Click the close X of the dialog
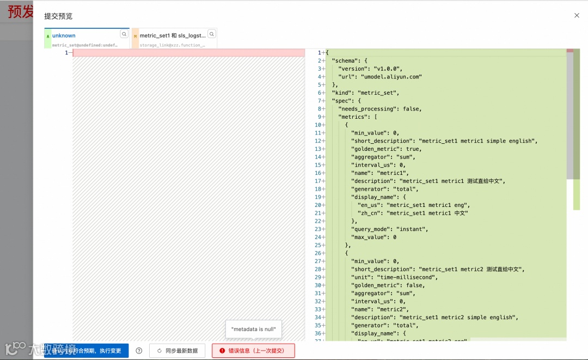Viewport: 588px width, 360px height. [577, 16]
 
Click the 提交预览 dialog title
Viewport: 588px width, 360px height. [58, 16]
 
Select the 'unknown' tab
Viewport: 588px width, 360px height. [64, 35]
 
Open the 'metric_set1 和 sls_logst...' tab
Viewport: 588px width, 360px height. [173, 35]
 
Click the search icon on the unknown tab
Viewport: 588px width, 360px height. [124, 34]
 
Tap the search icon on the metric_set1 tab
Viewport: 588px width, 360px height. [212, 34]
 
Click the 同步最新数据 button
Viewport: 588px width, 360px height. [177, 351]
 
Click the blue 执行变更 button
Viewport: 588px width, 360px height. [87, 351]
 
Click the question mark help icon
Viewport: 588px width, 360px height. [139, 351]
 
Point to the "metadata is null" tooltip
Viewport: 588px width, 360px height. [254, 329]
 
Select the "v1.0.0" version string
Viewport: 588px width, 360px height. [387, 69]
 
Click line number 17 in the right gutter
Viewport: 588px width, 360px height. [318, 181]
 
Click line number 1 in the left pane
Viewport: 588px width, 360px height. [66, 53]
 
